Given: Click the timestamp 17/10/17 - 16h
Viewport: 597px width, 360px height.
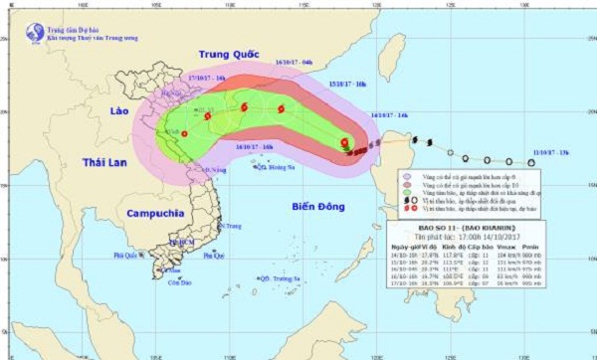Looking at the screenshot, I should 207,76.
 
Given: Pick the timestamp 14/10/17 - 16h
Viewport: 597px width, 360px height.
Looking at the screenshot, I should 389,116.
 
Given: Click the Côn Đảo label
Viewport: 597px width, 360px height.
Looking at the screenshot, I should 180,282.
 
